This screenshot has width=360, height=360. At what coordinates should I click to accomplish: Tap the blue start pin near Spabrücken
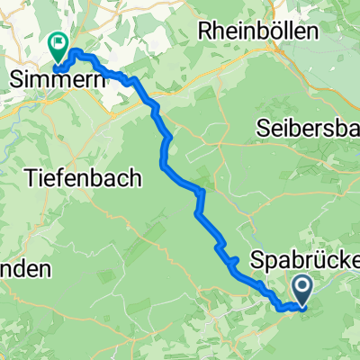302,290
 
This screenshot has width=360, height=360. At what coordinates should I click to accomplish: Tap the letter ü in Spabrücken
322,260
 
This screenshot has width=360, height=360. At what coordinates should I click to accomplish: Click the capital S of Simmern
15,78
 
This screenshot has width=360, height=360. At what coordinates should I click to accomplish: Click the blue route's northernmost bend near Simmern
76,51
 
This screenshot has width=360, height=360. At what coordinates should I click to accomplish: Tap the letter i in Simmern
26,78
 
